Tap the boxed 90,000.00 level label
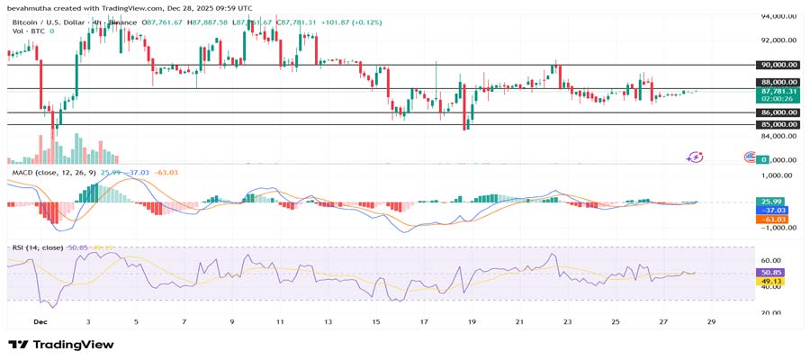click(778, 65)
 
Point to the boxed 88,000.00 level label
click(778, 82)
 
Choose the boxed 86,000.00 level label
click(778, 112)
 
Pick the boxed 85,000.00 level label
click(778, 124)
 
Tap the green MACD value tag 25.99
click(773, 201)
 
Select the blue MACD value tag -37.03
click(773, 210)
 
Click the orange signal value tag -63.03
click(773, 219)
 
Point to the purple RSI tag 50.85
click(773, 272)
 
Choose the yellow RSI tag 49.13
click(773, 281)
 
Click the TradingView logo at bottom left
click(62, 345)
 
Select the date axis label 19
click(472, 321)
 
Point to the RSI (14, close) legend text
click(38, 247)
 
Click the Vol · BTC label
click(27, 31)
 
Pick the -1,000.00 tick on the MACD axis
click(779, 228)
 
